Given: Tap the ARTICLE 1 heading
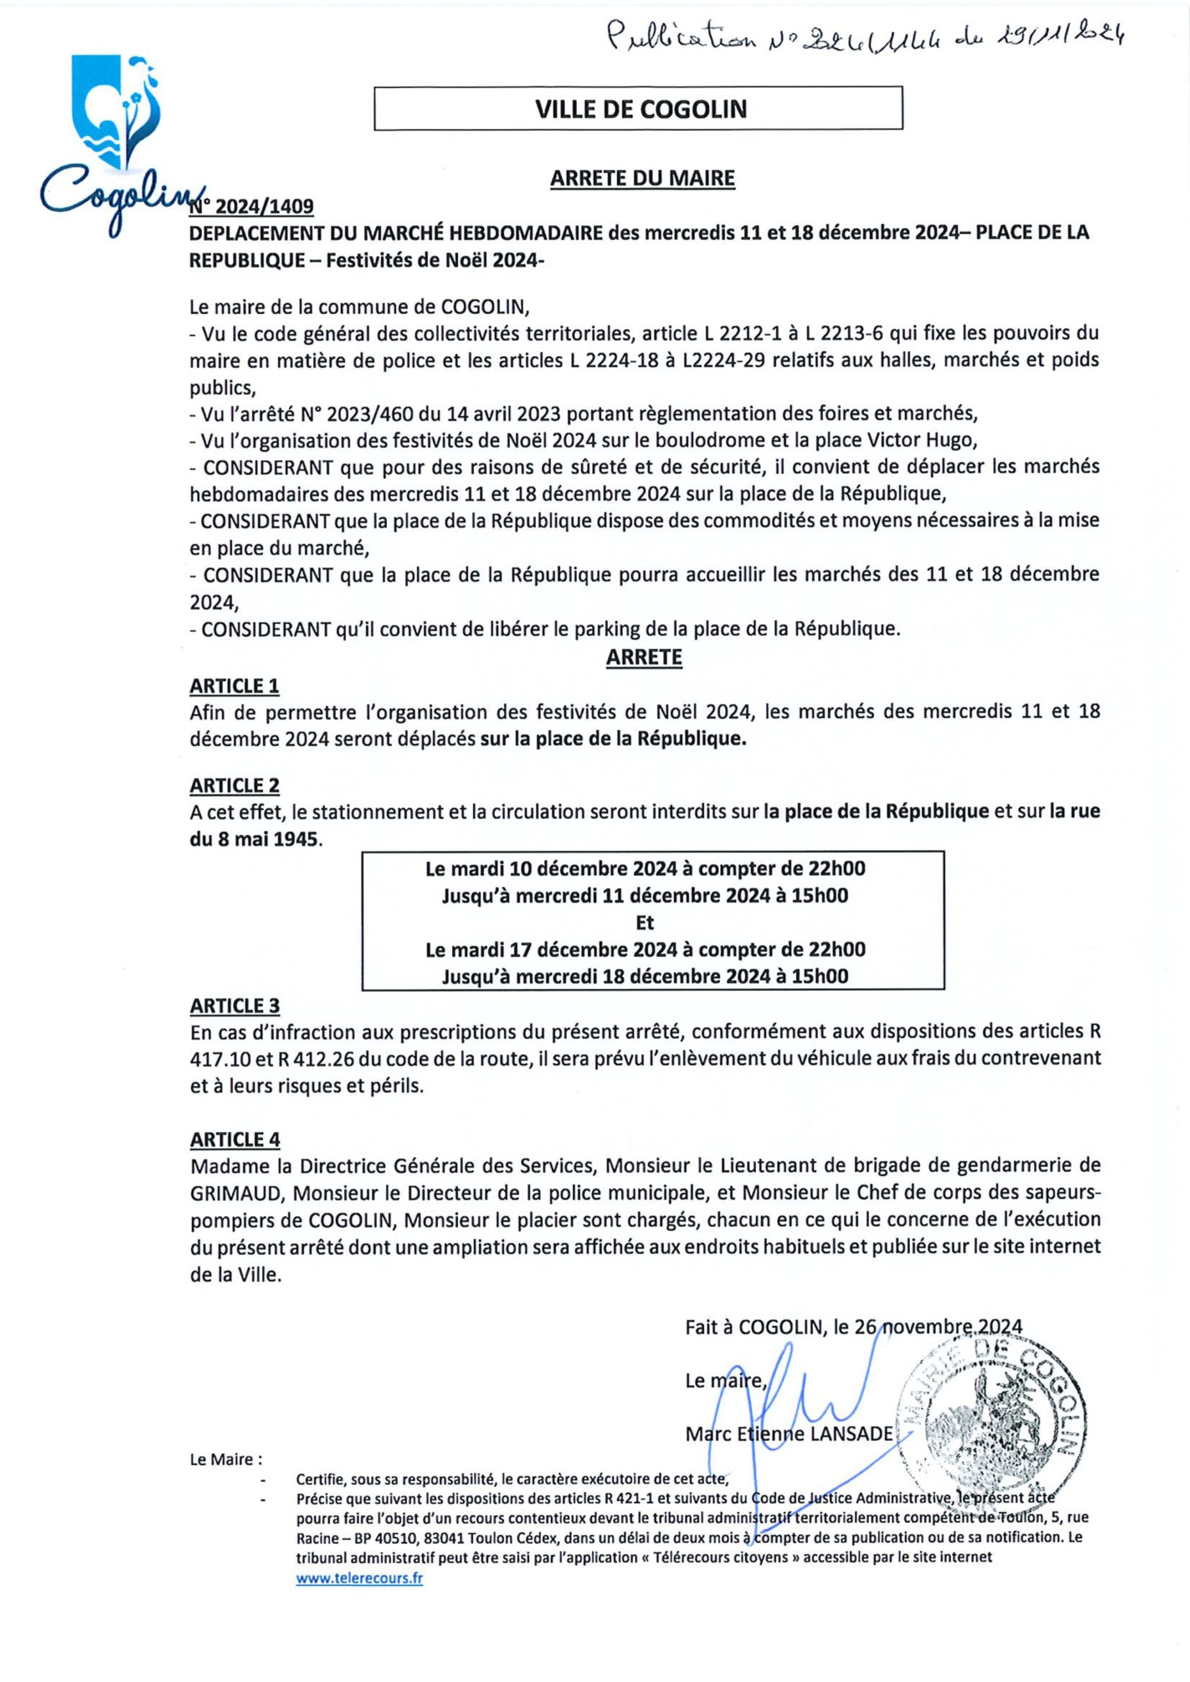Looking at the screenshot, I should pyautogui.click(x=235, y=686).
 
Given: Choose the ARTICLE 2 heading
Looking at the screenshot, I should pyautogui.click(x=235, y=785).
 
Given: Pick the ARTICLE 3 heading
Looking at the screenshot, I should pyautogui.click(x=235, y=1006).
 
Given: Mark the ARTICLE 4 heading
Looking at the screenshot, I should pyautogui.click(x=235, y=1139).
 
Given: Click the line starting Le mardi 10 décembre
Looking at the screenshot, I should pyautogui.click(x=645, y=869).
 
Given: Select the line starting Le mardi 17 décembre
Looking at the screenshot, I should pyautogui.click(x=645, y=949).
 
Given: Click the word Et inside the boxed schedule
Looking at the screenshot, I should pyautogui.click(x=645, y=922).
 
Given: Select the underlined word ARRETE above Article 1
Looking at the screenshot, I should pyautogui.click(x=643, y=658).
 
